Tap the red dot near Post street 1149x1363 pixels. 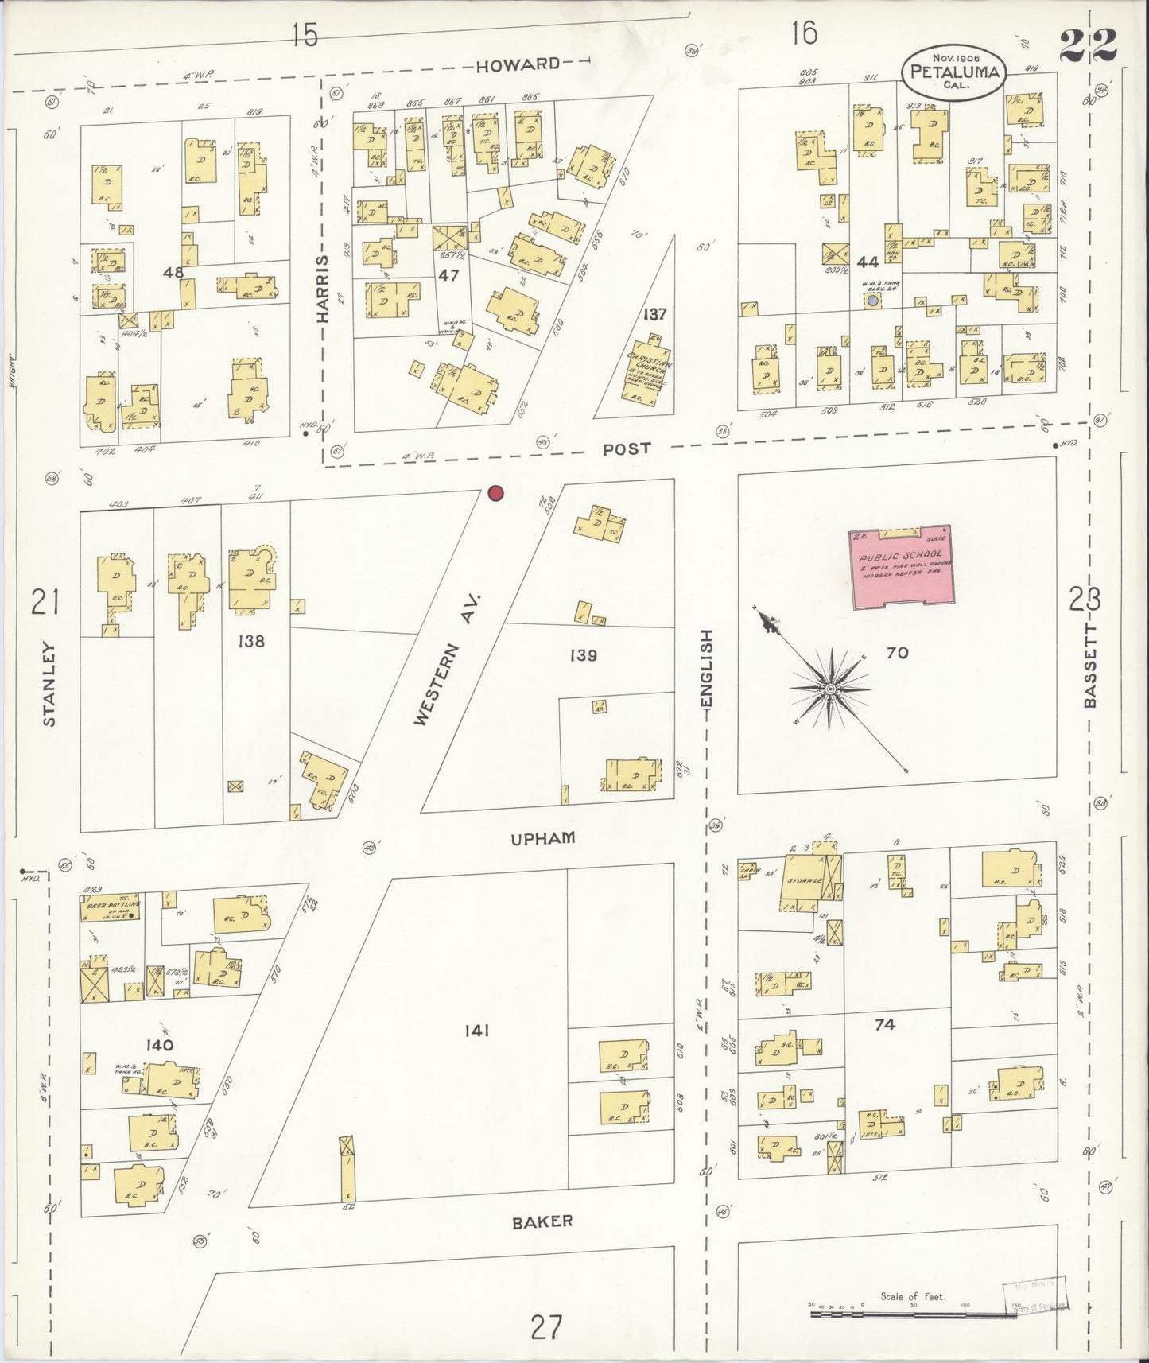(496, 494)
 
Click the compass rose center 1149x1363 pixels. (830, 688)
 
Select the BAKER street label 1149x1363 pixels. (542, 1243)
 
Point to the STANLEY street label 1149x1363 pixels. (49, 684)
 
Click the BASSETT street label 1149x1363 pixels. (1089, 665)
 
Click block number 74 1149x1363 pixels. (885, 1024)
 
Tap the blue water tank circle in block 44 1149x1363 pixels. (872, 302)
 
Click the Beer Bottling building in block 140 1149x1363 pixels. (111, 909)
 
